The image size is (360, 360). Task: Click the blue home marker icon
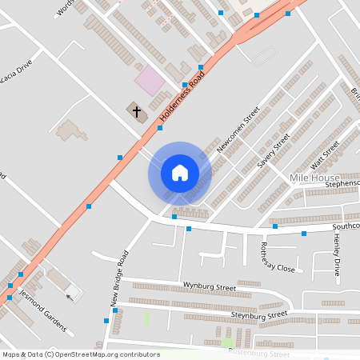(179, 173)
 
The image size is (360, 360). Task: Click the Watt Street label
(325, 150)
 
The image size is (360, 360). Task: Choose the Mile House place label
(314, 178)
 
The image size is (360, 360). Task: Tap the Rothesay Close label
(278, 258)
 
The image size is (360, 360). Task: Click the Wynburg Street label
(210, 286)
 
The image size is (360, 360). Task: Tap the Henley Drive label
(337, 255)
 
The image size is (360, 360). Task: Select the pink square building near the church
(148, 79)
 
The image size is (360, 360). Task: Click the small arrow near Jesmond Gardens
(69, 296)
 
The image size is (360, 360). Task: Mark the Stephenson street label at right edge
(342, 184)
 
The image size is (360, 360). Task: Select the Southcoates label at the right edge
(346, 226)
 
